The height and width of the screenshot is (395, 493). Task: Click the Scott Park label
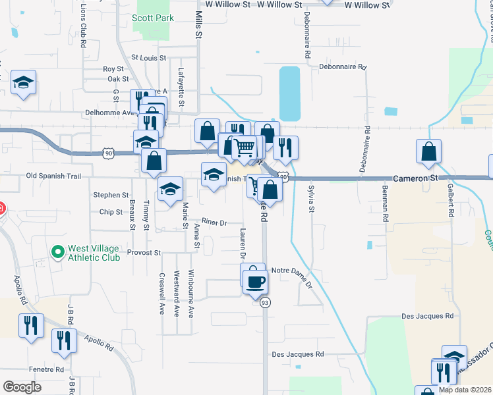[x=154, y=18]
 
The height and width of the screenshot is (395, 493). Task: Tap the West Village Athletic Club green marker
[x=58, y=251]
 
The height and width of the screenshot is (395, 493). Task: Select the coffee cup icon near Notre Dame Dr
[x=255, y=282]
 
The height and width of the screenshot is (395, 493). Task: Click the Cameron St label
[x=416, y=178]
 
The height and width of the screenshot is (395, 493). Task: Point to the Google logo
[x=22, y=386]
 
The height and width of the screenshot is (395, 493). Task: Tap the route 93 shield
[x=265, y=302]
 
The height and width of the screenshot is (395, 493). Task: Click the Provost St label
[x=144, y=253]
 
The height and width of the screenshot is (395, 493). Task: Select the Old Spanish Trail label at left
[x=53, y=176]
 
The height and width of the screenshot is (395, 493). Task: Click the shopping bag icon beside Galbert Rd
[x=428, y=151]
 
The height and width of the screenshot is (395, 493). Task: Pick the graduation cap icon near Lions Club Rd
[x=24, y=82]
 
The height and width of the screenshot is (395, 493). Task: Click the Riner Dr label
[x=214, y=223]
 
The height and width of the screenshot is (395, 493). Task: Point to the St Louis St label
[x=146, y=58]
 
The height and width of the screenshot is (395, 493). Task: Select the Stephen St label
[x=111, y=195]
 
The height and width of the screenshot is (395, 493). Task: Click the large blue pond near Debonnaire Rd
[x=289, y=93]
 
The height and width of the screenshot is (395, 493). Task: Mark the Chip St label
[x=111, y=212]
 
